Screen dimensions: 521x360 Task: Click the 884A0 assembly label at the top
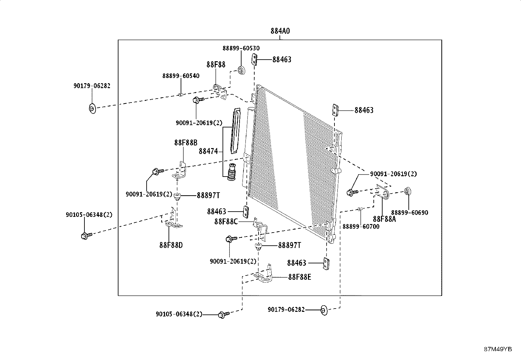click(x=280, y=31)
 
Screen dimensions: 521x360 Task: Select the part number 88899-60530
click(x=241, y=48)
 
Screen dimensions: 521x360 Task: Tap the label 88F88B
click(x=186, y=142)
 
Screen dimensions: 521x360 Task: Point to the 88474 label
click(x=208, y=151)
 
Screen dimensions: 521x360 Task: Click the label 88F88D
click(x=171, y=245)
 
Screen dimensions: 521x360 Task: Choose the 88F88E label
click(x=299, y=277)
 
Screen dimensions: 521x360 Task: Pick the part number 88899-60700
click(x=361, y=226)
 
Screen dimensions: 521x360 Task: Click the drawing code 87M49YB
click(x=498, y=349)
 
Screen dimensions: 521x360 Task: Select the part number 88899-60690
click(x=409, y=213)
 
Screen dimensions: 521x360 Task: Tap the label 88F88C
click(x=226, y=222)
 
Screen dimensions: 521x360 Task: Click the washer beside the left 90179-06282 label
click(x=92, y=108)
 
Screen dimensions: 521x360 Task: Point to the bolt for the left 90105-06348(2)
click(x=86, y=236)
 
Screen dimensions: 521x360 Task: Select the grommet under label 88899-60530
click(x=242, y=70)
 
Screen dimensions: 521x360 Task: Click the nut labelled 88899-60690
click(x=408, y=191)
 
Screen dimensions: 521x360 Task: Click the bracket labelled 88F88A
click(x=383, y=192)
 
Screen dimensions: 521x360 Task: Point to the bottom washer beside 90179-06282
click(x=324, y=310)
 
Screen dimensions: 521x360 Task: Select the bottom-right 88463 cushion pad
click(x=326, y=264)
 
